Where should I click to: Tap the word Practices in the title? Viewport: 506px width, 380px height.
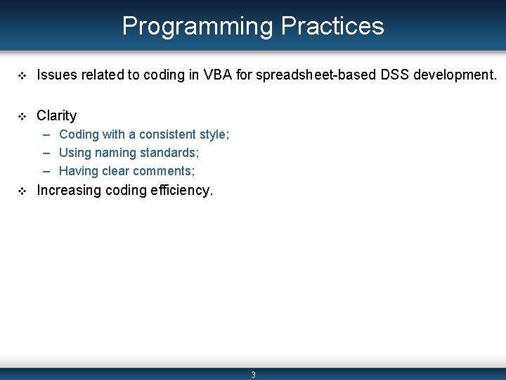[332, 26]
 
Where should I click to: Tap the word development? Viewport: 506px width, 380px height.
[452, 75]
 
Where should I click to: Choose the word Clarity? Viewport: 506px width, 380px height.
[56, 115]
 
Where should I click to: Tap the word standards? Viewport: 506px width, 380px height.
[169, 153]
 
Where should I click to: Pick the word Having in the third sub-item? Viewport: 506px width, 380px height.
[79, 171]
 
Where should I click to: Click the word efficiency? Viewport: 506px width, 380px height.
[181, 190]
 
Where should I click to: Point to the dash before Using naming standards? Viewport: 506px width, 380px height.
[46, 153]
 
